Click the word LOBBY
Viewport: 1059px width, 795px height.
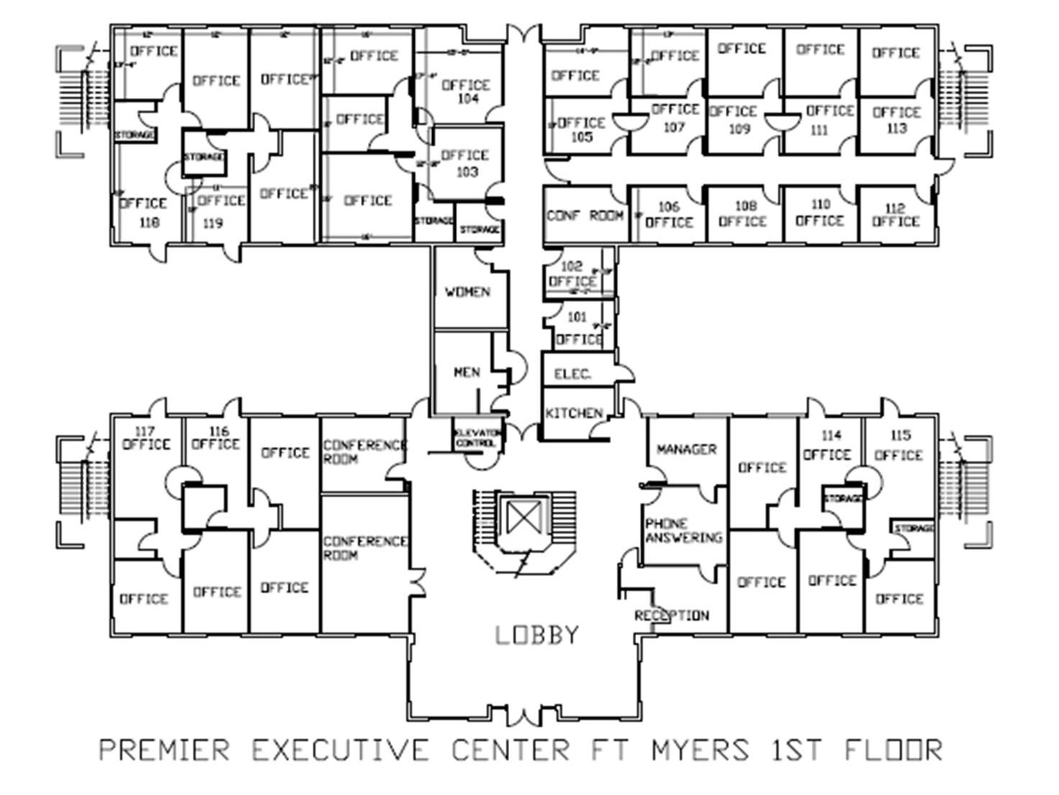[536, 635]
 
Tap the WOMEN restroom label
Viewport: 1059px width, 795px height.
[467, 291]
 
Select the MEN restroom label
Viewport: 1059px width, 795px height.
[467, 372]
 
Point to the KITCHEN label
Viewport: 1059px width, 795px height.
[574, 413]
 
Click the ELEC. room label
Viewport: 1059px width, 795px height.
[573, 374]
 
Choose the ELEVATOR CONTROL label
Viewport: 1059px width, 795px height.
[477, 438]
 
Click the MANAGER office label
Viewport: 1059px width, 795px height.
[687, 449]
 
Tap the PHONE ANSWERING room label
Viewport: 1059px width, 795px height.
[683, 530]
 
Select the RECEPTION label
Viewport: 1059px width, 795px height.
[671, 615]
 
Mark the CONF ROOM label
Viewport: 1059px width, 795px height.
[584, 215]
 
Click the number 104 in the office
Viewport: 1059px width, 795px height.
[467, 99]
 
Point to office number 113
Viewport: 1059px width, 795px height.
[897, 129]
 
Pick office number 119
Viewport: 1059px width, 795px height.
[213, 224]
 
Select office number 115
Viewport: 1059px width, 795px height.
[900, 435]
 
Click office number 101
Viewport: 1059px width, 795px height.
[577, 317]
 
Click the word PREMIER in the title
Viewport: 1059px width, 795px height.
[165, 750]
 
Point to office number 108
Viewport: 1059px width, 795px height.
[746, 206]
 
